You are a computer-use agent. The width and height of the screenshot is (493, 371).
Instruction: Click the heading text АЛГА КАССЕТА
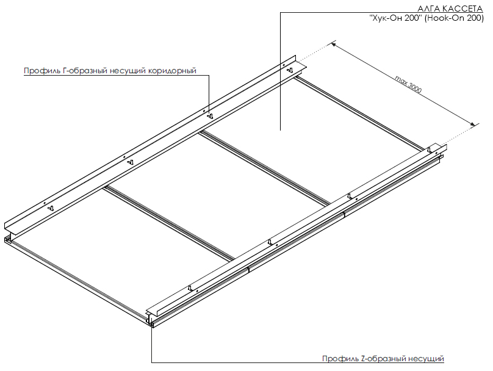point(450,9)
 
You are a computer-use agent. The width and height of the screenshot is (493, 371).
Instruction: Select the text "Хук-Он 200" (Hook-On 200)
point(426,18)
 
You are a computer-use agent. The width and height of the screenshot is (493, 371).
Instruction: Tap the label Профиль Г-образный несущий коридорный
point(110,70)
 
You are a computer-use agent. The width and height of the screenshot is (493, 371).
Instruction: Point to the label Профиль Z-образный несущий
point(383,358)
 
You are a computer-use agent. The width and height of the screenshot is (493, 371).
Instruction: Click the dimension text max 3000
point(408,85)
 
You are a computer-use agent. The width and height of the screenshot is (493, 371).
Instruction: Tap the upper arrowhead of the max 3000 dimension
point(334,45)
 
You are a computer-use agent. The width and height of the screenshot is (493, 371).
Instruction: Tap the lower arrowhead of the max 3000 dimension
point(473,124)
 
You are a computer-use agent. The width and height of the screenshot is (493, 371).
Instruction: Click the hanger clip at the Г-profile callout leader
point(210,116)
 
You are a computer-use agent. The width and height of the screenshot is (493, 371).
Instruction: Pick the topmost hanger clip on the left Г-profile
point(290,70)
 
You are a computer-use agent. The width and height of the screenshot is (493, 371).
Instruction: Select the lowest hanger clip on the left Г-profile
point(50,208)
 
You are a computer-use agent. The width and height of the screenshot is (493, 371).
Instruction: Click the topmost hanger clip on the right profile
point(429,149)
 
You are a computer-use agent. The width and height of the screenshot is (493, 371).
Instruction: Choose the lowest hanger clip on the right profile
point(190,287)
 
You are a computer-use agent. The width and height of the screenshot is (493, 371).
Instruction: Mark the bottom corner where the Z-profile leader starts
point(151,325)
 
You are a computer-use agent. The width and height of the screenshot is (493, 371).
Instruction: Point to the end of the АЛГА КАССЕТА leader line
point(280,130)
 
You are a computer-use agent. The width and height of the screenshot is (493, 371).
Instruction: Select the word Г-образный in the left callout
point(85,70)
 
